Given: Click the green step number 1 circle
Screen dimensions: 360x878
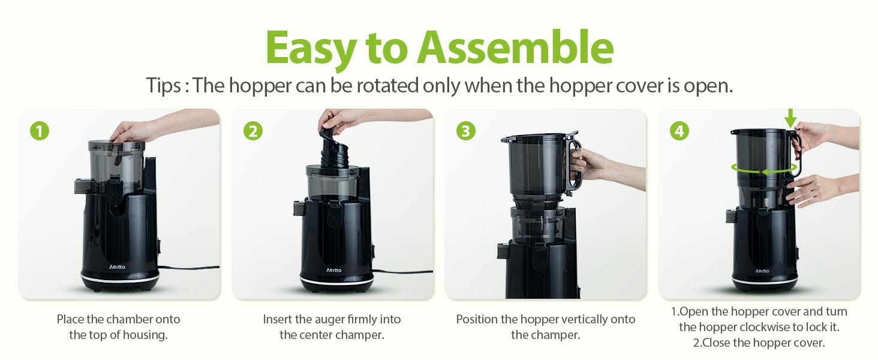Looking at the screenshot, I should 39,131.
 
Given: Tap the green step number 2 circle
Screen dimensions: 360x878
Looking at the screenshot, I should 252,131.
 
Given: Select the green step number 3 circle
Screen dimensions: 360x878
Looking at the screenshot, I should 465,131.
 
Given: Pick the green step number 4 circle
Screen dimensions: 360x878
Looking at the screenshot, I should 679,131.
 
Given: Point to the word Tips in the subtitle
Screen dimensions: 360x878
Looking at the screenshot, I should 163,86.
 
